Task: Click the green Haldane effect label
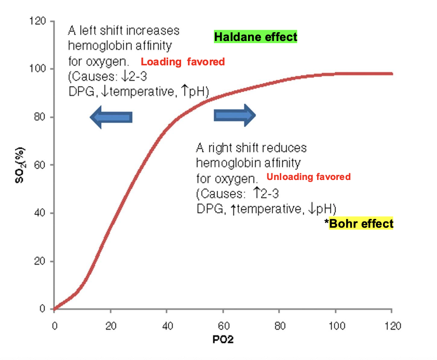click(255, 37)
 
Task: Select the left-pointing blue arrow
click(111, 117)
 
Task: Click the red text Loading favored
click(183, 62)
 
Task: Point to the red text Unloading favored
click(308, 177)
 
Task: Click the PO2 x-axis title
click(223, 341)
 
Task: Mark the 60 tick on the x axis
click(223, 326)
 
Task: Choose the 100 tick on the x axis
click(335, 326)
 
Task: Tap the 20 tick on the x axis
click(110, 326)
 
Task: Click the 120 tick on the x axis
click(392, 326)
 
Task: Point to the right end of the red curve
click(391, 74)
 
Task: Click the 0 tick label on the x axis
click(54, 326)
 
